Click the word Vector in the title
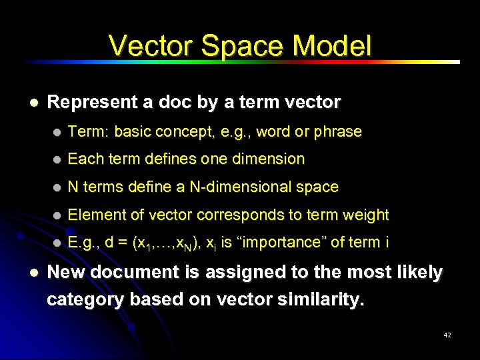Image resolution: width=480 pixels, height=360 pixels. (x=151, y=46)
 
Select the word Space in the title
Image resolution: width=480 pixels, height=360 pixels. (x=245, y=46)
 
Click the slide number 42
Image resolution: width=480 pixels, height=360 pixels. (x=447, y=335)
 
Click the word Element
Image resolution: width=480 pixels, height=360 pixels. (x=94, y=215)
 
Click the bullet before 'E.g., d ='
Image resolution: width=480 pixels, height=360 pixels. (x=58, y=243)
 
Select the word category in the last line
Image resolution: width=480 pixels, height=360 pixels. (x=85, y=301)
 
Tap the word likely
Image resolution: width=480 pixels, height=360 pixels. (x=416, y=273)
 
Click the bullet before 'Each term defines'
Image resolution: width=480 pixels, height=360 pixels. (x=58, y=159)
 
